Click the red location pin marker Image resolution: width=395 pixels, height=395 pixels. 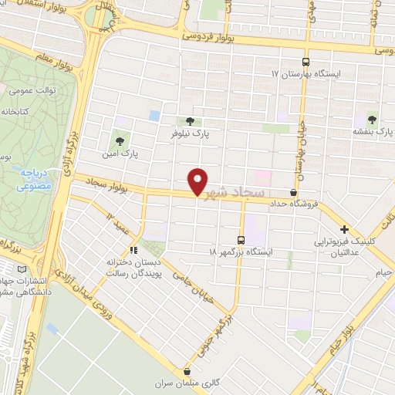click(198, 181)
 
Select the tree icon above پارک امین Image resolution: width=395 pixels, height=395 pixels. click(120, 140)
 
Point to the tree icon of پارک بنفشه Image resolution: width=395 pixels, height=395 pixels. click(373, 119)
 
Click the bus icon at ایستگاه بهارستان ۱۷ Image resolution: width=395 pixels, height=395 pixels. click(306, 62)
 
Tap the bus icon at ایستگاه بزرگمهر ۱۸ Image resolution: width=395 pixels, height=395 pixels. click(241, 240)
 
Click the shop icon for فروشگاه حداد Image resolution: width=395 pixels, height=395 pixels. click(293, 192)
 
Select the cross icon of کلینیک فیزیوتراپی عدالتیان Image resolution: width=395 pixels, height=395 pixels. click(344, 229)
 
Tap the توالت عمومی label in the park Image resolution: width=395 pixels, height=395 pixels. click(30, 91)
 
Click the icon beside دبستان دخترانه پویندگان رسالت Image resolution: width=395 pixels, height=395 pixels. click(133, 250)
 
